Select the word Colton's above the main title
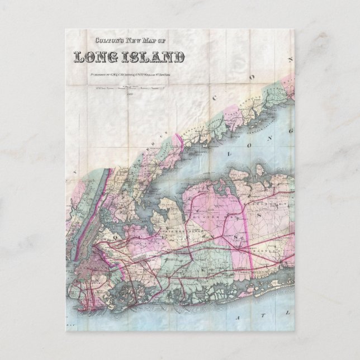pos(108,40)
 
